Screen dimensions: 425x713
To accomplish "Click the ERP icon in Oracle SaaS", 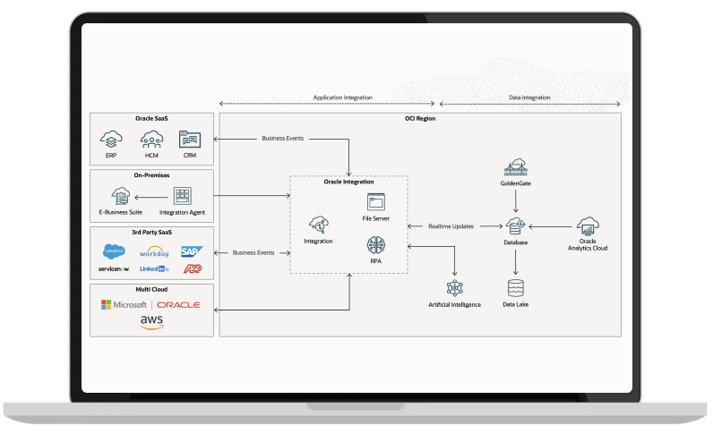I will (x=111, y=139).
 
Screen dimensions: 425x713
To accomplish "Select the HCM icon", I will (x=150, y=139).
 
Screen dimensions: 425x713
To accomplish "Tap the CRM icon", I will (x=189, y=139).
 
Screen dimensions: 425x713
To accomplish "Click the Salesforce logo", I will (x=113, y=251).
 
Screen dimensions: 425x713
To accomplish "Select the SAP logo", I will (x=192, y=251).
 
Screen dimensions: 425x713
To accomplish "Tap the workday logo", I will (x=154, y=252).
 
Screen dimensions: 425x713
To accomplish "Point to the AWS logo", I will (x=151, y=322).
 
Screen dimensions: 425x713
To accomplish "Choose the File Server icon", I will (x=374, y=201).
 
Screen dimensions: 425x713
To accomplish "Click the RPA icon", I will (x=374, y=245).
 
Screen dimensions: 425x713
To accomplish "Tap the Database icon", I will (x=515, y=226).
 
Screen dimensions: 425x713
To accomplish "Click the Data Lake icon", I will (x=515, y=288).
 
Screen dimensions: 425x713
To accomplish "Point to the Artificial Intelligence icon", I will (x=454, y=288).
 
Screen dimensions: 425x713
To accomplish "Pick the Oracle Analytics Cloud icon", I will (x=588, y=226).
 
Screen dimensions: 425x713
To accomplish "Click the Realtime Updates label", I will (x=451, y=226).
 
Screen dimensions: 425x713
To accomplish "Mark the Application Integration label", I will (x=342, y=98).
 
